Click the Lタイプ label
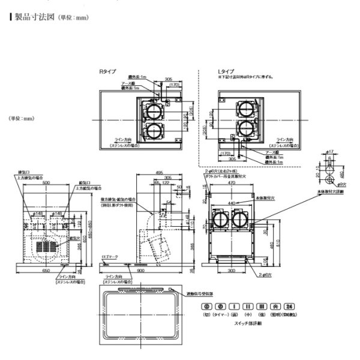(x=226, y=71)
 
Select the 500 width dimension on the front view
(x=46, y=182)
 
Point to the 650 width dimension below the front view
(x=46, y=271)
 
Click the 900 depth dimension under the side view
(x=140, y=271)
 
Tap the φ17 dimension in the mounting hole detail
(x=329, y=152)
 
